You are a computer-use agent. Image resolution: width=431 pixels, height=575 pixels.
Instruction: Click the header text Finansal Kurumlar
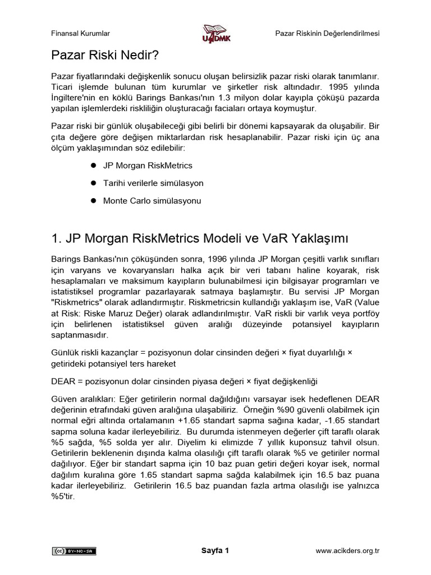pos(81,33)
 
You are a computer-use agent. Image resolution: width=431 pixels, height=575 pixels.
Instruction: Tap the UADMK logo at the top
pos(216,33)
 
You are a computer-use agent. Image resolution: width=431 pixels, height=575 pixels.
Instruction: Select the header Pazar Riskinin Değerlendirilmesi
pos(327,33)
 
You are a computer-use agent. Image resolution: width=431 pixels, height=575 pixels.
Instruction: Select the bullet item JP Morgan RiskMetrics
pos(148,166)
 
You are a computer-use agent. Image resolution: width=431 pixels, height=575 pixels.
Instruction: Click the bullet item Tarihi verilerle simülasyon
pos(153,183)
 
